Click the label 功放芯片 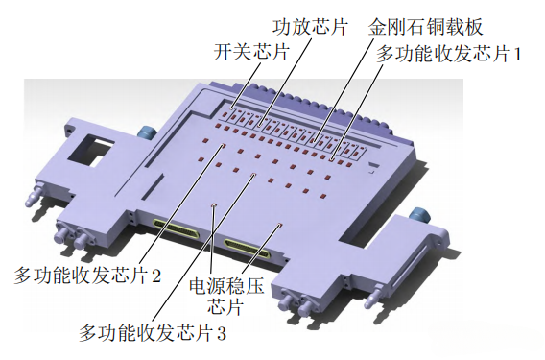tap(310, 27)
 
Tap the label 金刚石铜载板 tap(426, 27)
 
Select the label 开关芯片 tap(251, 53)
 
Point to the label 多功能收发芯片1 tap(449, 55)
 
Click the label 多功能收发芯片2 tap(87, 276)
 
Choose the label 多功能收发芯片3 tap(153, 333)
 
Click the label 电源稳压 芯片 tap(226, 296)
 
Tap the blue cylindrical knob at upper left tap(147, 132)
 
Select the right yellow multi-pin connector tap(247, 249)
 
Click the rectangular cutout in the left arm tap(91, 151)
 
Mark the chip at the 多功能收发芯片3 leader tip tap(254, 175)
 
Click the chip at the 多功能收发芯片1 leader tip tap(332, 159)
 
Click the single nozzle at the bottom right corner tap(373, 296)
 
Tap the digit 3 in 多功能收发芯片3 tap(222, 334)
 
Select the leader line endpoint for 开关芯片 tap(231, 108)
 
